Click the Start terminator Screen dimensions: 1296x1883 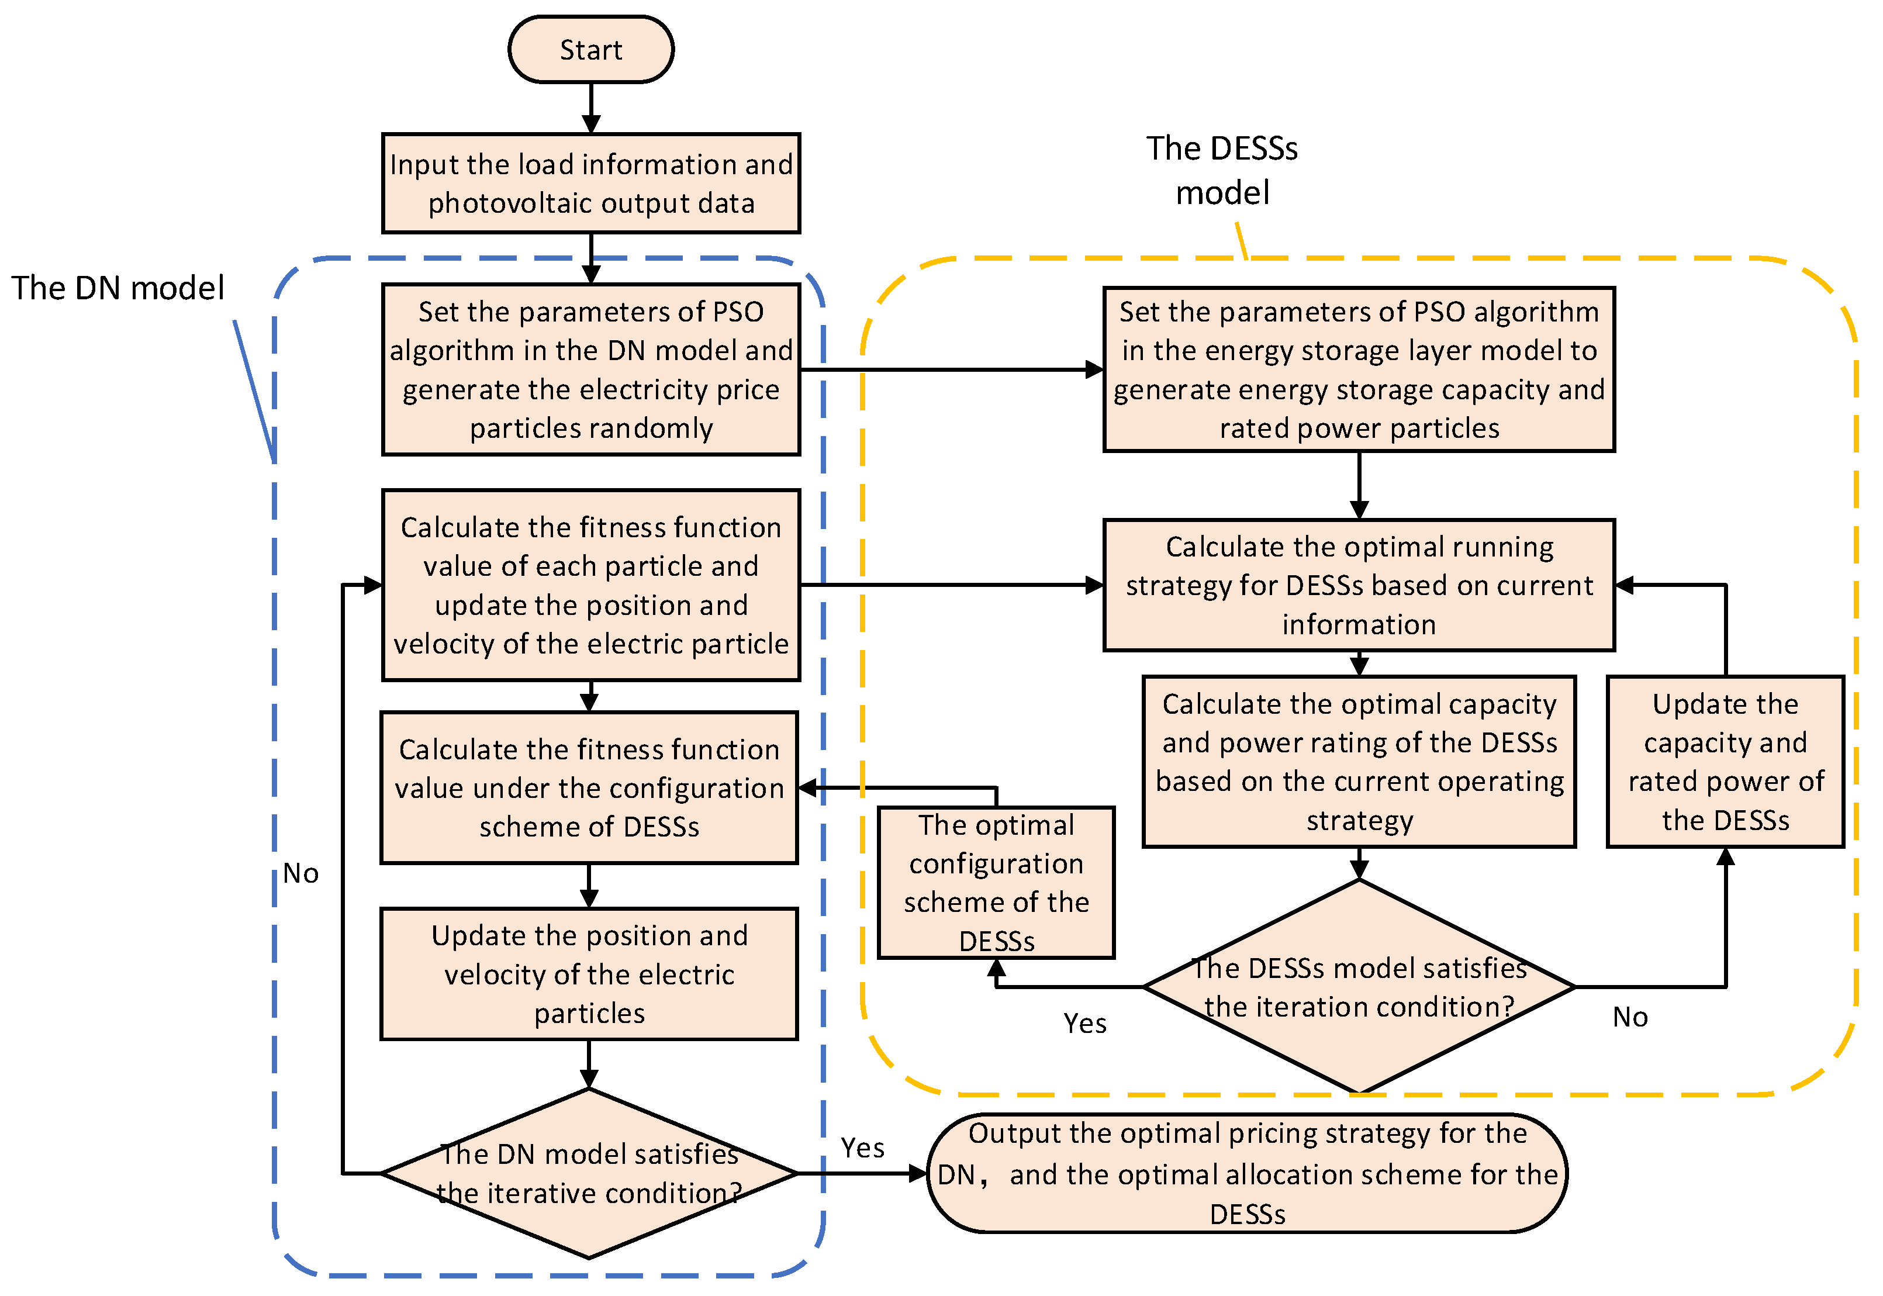pyautogui.click(x=590, y=50)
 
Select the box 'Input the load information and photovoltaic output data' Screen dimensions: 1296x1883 pyautogui.click(x=590, y=184)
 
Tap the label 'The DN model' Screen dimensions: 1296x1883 pyautogui.click(x=118, y=288)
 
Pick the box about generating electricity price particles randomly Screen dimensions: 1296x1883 pyautogui.click(x=590, y=369)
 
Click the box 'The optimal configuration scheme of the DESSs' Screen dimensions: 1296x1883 pyautogui.click(x=996, y=882)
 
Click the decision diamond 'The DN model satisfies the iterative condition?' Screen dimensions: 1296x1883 pyautogui.click(x=589, y=1173)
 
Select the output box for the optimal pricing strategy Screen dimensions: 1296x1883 pyautogui.click(x=1246, y=1173)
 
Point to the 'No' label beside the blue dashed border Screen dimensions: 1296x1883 pyautogui.click(x=300, y=874)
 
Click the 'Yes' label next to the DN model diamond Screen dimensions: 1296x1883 pyautogui.click(x=862, y=1148)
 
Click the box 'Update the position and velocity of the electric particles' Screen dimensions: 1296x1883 pyautogui.click(x=589, y=974)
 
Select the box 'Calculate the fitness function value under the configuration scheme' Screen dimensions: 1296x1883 pyautogui.click(x=589, y=787)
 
